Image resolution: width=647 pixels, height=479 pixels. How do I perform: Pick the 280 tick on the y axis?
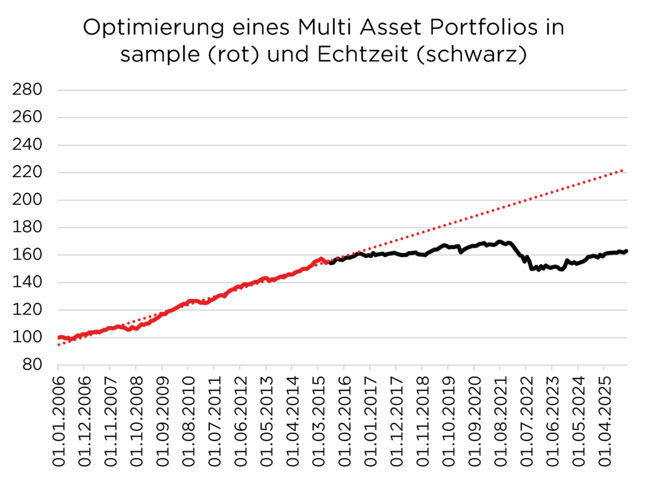coord(28,90)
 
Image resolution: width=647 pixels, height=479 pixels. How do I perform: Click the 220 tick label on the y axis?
coord(28,173)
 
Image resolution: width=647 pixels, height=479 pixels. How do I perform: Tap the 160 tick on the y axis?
coord(28,255)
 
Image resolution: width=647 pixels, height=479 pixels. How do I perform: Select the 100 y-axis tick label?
coord(28,338)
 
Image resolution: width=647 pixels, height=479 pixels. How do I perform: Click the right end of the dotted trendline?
coord(624,170)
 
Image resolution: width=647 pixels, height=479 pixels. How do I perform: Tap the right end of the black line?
coord(626,251)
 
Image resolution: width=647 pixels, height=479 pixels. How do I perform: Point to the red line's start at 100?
coord(59,337)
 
